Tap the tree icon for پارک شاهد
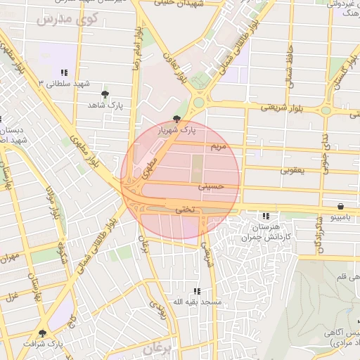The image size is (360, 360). [x=105, y=94]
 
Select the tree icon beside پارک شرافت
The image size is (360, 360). [x=42, y=333]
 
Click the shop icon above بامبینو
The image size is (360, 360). [x=341, y=207]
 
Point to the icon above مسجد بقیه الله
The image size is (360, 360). [x=197, y=290]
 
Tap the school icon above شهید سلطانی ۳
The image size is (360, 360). [x=64, y=72]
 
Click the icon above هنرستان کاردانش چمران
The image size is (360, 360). [x=266, y=216]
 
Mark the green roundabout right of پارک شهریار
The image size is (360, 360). [x=199, y=103]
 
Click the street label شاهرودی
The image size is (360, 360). [x=319, y=240]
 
